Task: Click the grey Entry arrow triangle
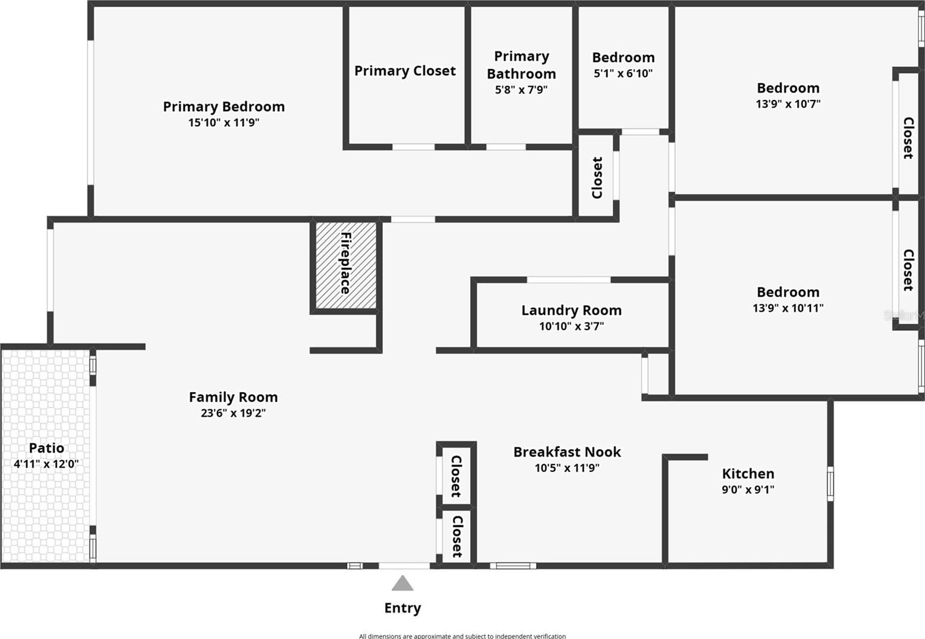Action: pyautogui.click(x=402, y=583)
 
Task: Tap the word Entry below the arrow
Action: pyautogui.click(x=402, y=608)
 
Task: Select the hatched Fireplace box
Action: pyautogui.click(x=346, y=265)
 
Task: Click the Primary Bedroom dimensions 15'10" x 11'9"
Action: pyautogui.click(x=224, y=123)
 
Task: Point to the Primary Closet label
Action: pyautogui.click(x=405, y=71)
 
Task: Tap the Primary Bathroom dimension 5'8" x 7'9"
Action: pyautogui.click(x=521, y=89)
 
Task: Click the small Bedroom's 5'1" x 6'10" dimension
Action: pyautogui.click(x=623, y=73)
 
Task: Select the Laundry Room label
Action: pyautogui.click(x=571, y=310)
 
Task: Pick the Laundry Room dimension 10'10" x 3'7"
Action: pyautogui.click(x=571, y=326)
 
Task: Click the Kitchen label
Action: pyautogui.click(x=748, y=473)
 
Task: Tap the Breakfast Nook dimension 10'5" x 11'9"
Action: pyautogui.click(x=567, y=468)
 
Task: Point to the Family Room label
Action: pyautogui.click(x=233, y=397)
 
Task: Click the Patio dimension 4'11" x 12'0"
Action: pyautogui.click(x=46, y=463)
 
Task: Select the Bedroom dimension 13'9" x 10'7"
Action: pyautogui.click(x=788, y=104)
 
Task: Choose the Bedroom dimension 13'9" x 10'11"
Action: pyautogui.click(x=788, y=308)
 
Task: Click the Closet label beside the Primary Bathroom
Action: pyautogui.click(x=597, y=178)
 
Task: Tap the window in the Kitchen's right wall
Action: pyautogui.click(x=830, y=484)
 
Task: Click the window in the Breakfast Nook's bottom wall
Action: pyautogui.click(x=513, y=566)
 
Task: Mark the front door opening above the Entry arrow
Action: pyautogui.click(x=404, y=566)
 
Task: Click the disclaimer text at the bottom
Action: pyautogui.click(x=462, y=636)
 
